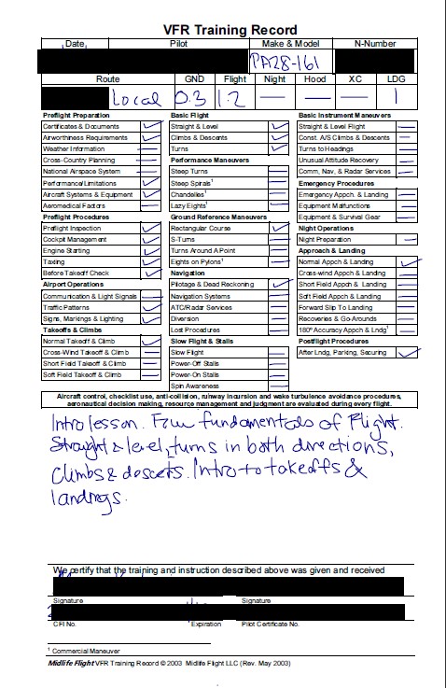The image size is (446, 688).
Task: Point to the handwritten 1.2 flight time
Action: click(x=233, y=97)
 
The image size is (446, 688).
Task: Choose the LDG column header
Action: click(x=397, y=79)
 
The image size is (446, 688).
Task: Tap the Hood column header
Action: click(x=316, y=79)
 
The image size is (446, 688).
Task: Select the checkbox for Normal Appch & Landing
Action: click(x=405, y=261)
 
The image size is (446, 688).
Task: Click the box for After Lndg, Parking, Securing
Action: click(x=405, y=352)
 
